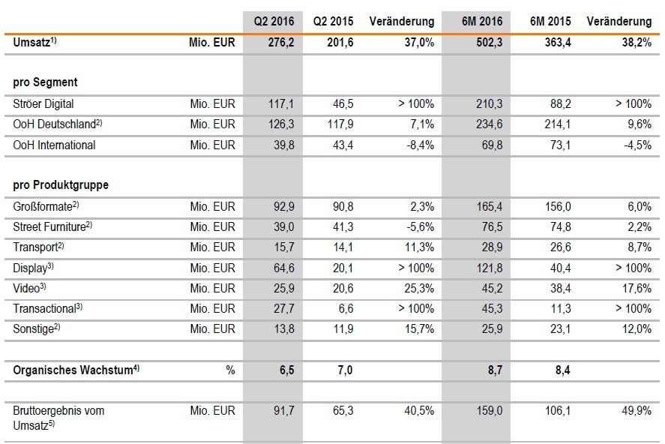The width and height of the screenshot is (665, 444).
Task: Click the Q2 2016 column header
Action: click(x=272, y=22)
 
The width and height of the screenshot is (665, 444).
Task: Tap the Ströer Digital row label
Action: click(x=43, y=103)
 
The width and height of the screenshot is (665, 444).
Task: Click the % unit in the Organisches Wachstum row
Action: click(x=230, y=370)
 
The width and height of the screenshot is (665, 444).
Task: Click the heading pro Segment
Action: click(x=45, y=82)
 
